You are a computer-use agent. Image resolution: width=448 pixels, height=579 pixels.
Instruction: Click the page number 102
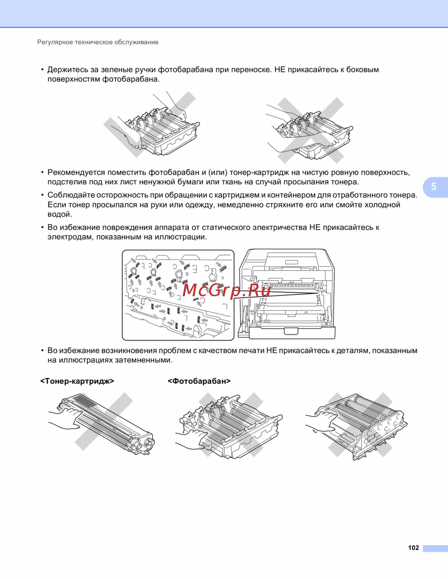click(414, 548)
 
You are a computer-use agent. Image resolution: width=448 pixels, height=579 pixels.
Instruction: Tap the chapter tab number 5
click(434, 187)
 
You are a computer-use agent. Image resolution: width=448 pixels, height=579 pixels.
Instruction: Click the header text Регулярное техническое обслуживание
click(98, 42)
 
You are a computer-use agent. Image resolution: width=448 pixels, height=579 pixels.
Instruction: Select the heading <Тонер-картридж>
click(77, 381)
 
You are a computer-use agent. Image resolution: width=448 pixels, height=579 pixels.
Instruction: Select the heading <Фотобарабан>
click(199, 381)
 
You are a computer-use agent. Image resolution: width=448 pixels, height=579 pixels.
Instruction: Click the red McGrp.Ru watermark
click(226, 290)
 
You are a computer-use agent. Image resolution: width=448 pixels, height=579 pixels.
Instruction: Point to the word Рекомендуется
click(76, 173)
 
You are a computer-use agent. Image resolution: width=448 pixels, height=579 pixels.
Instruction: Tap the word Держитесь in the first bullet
click(68, 70)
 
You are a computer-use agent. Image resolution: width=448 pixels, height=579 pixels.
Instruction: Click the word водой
click(60, 214)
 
